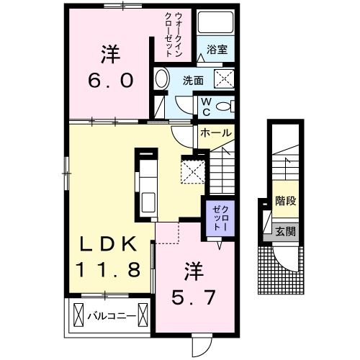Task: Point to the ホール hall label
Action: pos(215,133)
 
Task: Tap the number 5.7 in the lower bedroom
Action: pos(193,294)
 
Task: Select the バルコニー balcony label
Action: pos(112,315)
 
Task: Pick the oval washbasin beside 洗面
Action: pos(161,80)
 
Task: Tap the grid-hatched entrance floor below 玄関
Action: pos(275,270)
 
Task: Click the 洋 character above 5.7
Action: pos(193,271)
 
